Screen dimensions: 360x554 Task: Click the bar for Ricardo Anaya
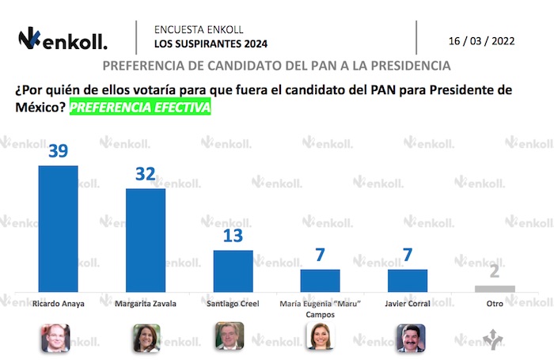(59, 228)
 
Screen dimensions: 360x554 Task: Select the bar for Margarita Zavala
(146, 240)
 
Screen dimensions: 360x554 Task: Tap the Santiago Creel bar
(233, 271)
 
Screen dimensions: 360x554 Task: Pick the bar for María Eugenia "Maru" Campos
(320, 280)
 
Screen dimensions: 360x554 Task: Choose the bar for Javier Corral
(407, 280)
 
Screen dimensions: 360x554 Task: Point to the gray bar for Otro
(495, 288)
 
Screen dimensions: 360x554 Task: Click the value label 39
(59, 151)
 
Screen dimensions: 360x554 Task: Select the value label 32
(146, 173)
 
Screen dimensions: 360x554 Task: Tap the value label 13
(233, 236)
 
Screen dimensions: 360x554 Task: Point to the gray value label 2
(495, 272)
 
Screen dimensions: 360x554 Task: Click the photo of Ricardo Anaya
(55, 338)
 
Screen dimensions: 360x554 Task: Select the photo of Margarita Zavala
(146, 338)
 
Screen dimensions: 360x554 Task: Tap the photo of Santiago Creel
(231, 338)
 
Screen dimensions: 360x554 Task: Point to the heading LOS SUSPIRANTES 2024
(199, 43)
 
